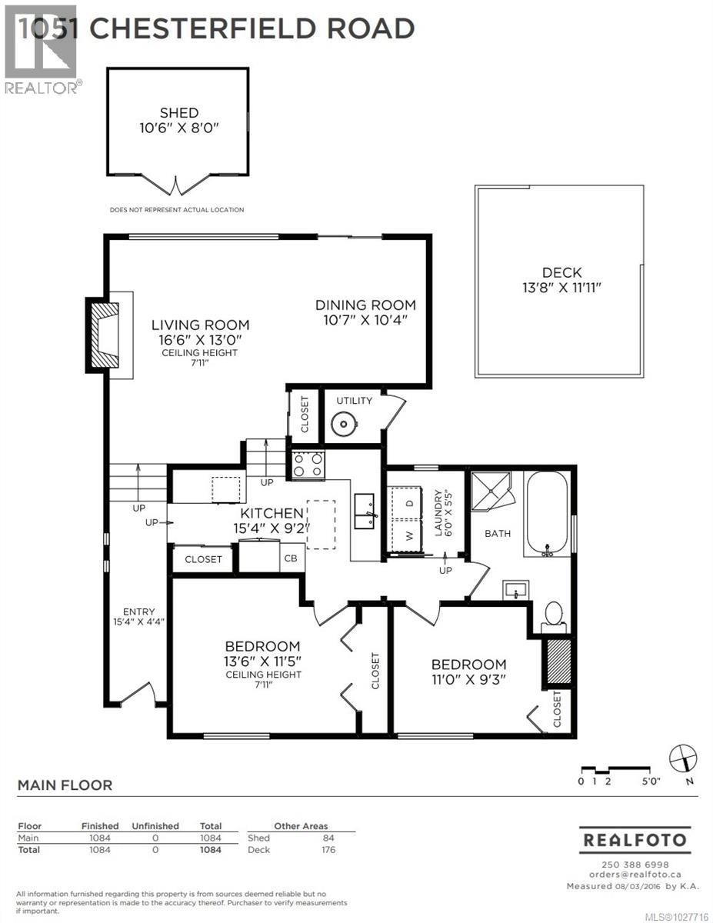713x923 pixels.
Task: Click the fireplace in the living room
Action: [x=104, y=335]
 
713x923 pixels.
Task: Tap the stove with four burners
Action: [x=307, y=464]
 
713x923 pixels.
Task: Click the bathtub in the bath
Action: [x=546, y=514]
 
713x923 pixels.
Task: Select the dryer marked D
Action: [x=409, y=502]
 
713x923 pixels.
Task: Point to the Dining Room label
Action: [x=365, y=305]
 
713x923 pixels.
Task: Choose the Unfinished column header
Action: [x=155, y=826]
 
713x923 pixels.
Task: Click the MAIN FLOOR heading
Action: [x=65, y=785]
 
